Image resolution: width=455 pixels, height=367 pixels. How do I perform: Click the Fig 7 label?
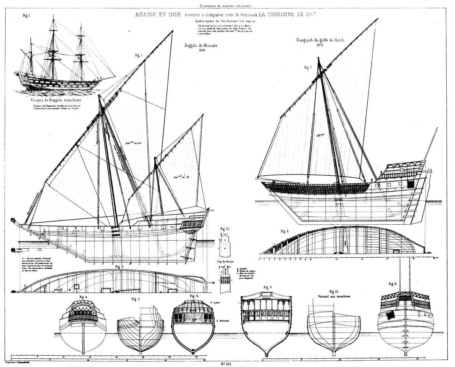[x=308, y=68]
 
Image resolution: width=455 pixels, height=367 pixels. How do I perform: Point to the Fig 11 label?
[x=393, y=284]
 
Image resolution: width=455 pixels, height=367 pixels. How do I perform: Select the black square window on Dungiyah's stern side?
[x=409, y=184]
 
